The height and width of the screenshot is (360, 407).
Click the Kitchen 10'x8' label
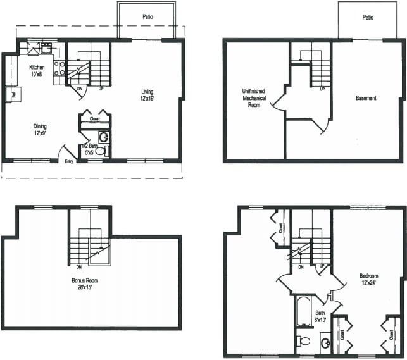(36, 70)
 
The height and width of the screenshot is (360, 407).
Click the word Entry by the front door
(70, 161)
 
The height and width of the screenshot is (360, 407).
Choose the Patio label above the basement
(368, 18)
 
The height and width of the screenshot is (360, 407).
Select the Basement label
(366, 98)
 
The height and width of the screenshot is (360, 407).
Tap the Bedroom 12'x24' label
(368, 280)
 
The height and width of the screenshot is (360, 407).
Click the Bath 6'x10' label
(320, 316)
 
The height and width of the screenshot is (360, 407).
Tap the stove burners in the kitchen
(59, 68)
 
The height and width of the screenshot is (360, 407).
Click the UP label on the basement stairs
(322, 89)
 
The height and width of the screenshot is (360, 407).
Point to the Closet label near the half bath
(94, 118)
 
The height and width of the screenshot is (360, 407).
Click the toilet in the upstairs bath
(304, 342)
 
